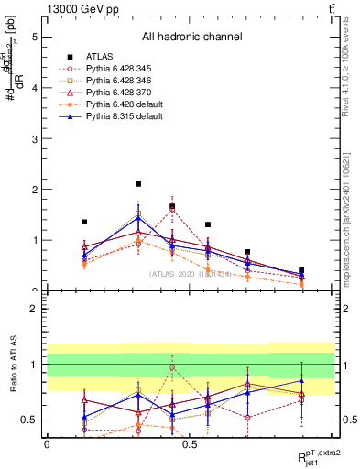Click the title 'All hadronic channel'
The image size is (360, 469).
pyautogui.click(x=191, y=38)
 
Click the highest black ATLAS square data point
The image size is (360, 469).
pyautogui.click(x=138, y=184)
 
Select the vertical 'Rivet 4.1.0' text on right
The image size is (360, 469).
pyautogui.click(x=345, y=82)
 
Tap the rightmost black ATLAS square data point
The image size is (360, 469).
pyautogui.click(x=301, y=271)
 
